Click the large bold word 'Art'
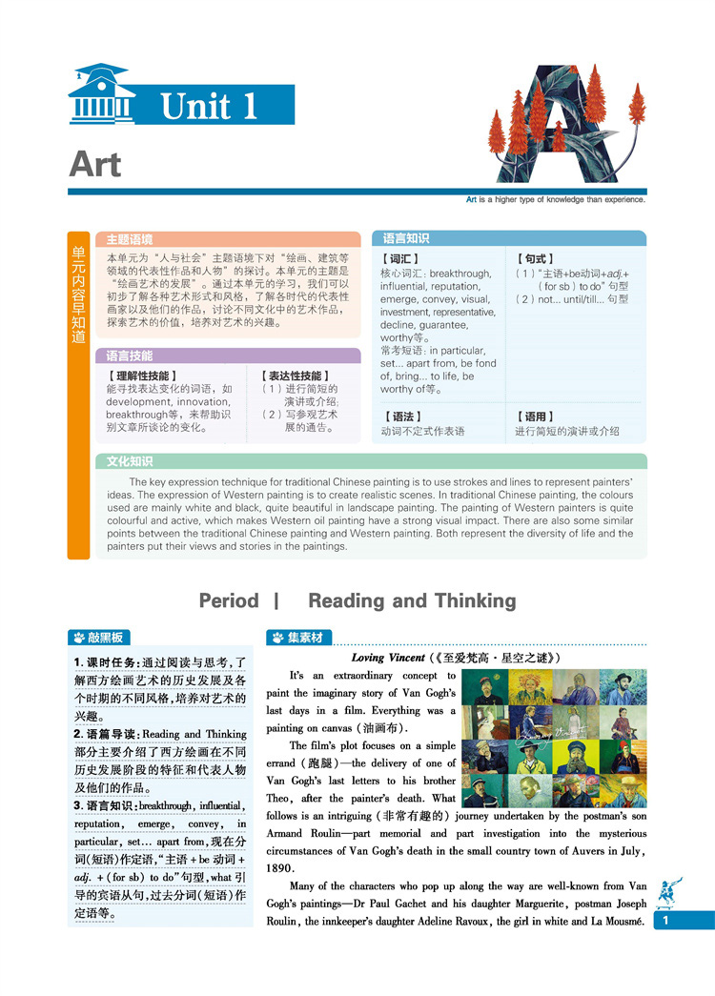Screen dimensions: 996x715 [95, 164]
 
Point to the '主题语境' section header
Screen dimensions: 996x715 [129, 239]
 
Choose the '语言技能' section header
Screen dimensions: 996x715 [129, 356]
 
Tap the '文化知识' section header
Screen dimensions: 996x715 [130, 461]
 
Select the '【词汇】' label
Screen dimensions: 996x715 [400, 258]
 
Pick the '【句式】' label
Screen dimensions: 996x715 [535, 258]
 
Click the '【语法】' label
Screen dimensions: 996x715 [400, 417]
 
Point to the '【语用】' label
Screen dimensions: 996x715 [535, 417]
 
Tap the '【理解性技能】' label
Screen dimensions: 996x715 [143, 376]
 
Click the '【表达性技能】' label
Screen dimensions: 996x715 [292, 376]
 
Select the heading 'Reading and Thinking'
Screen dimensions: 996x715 [412, 600]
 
